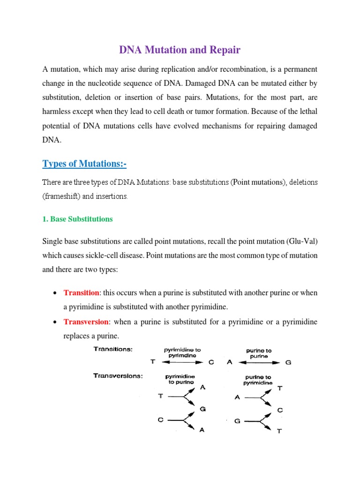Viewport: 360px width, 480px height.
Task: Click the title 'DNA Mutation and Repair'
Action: coord(180,49)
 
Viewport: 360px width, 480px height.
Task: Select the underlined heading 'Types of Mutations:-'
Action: coord(85,164)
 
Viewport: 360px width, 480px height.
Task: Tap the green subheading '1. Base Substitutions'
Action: coord(77,219)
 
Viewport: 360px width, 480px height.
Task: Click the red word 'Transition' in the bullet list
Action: coord(81,292)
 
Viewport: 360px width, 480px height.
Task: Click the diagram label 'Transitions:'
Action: coord(113,349)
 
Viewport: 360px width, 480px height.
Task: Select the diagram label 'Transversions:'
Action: coord(118,375)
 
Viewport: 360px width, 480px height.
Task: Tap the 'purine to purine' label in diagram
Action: coord(259,353)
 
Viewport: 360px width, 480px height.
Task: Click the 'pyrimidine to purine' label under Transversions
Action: coord(180,379)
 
